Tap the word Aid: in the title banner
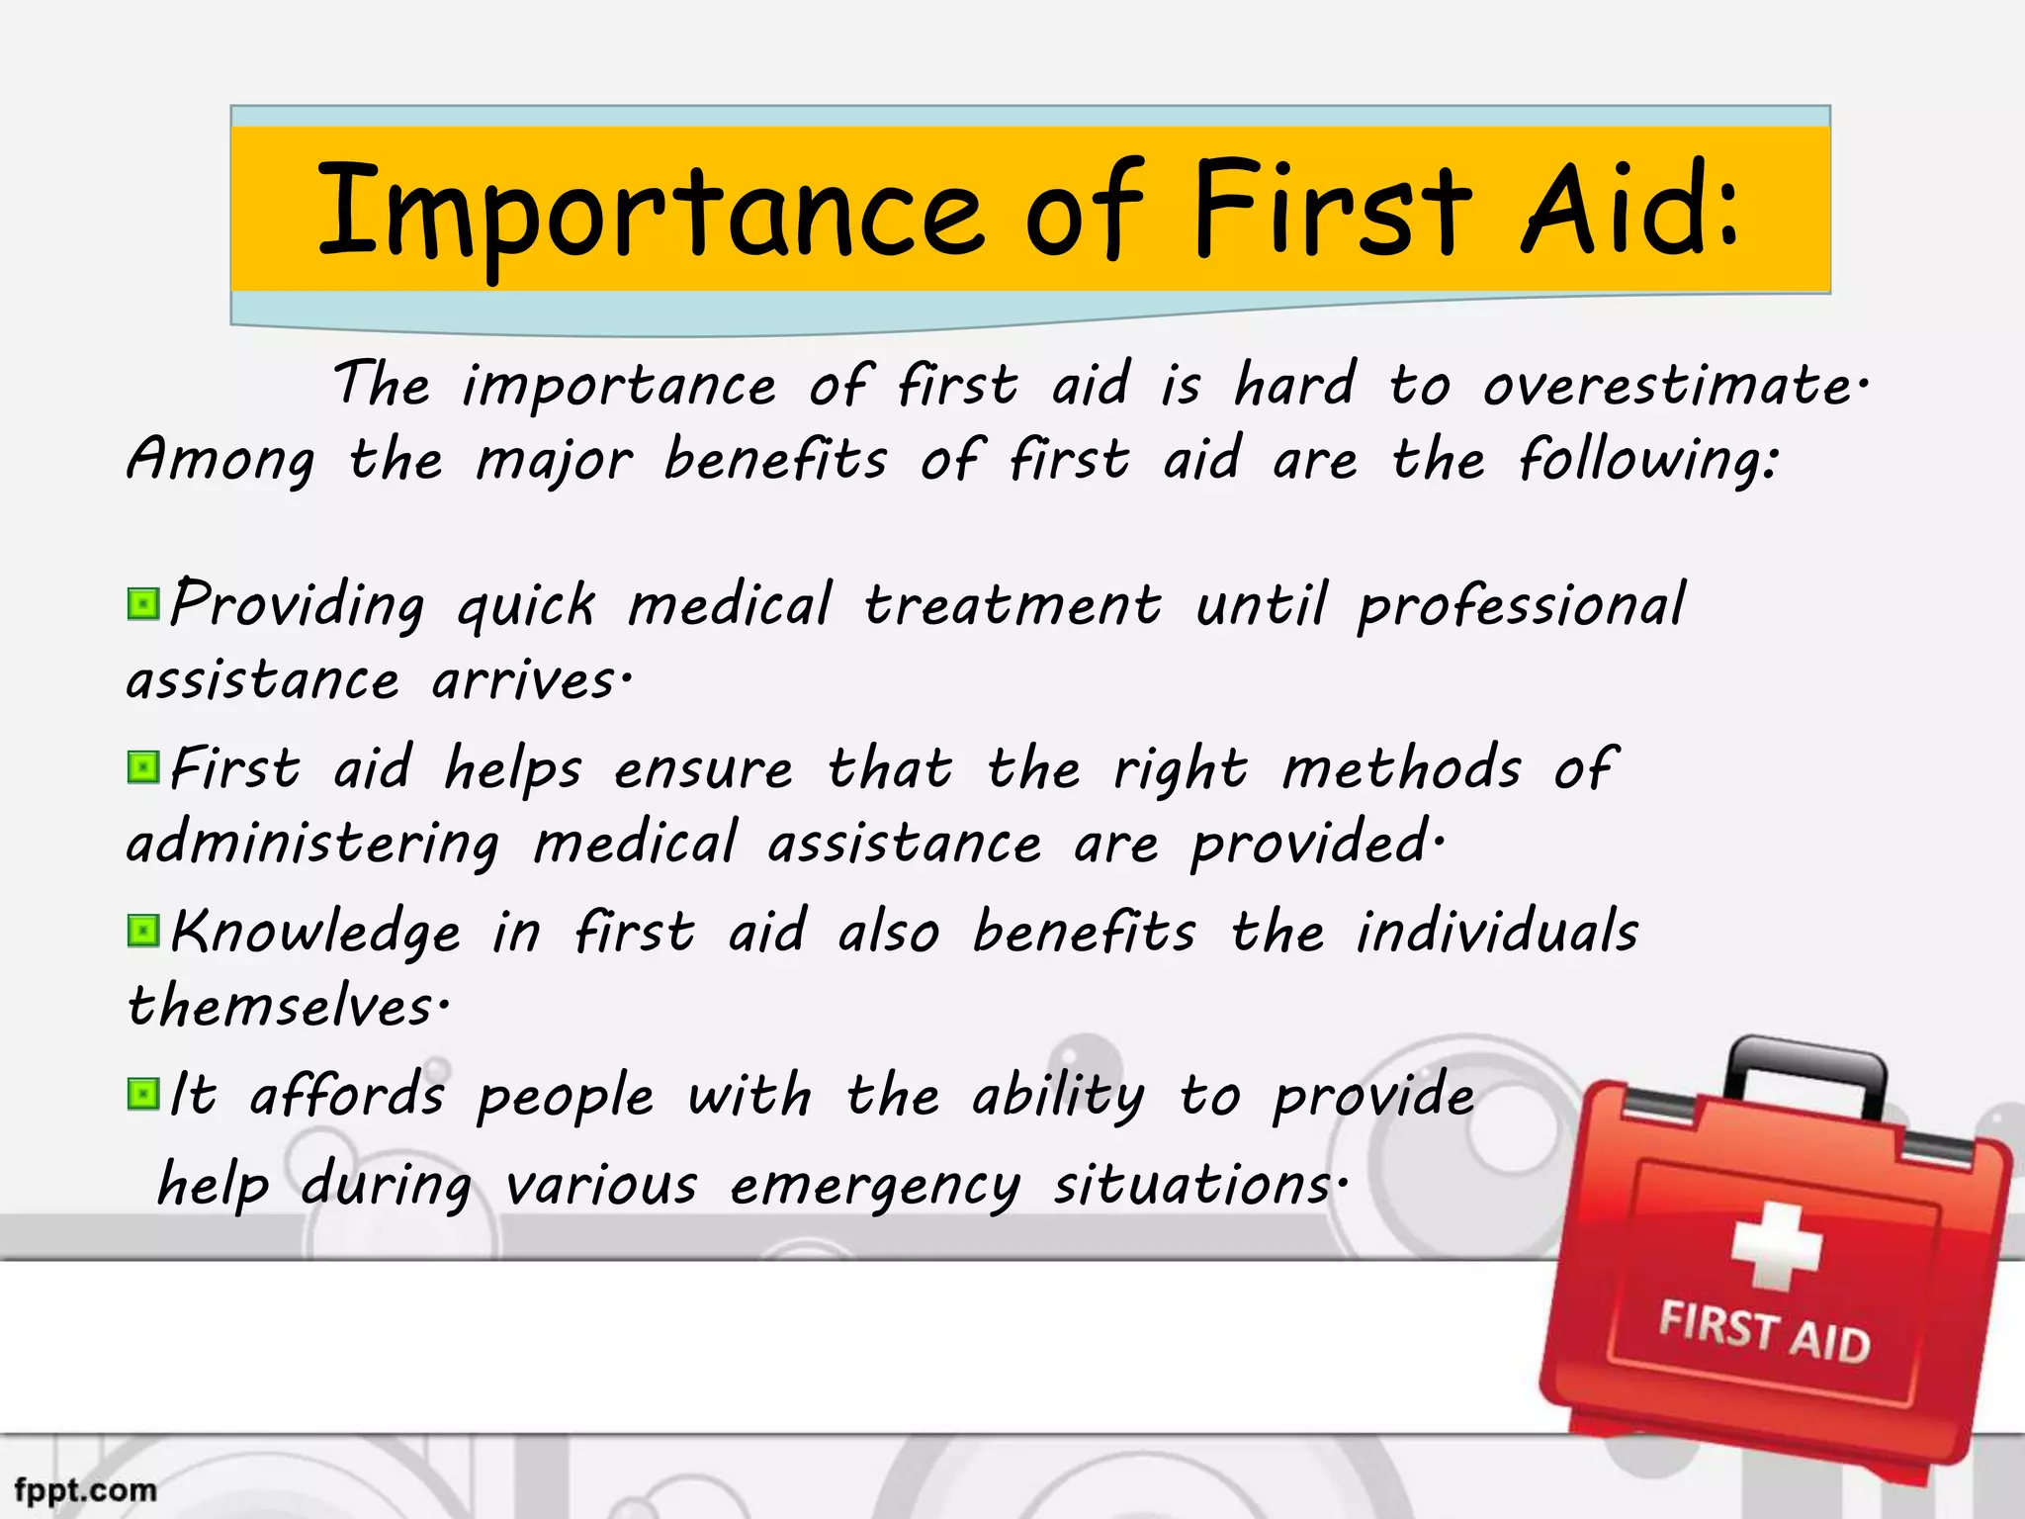[1630, 210]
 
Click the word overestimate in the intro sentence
[1674, 386]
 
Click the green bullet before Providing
[143, 604]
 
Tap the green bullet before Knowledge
[143, 931]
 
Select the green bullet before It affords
[143, 1094]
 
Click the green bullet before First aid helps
[143, 767]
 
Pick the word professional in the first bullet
[1521, 606]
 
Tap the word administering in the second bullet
[313, 845]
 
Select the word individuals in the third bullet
[1497, 933]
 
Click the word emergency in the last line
[875, 1186]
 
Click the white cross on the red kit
[1776, 1245]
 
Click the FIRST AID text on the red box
[1764, 1332]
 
